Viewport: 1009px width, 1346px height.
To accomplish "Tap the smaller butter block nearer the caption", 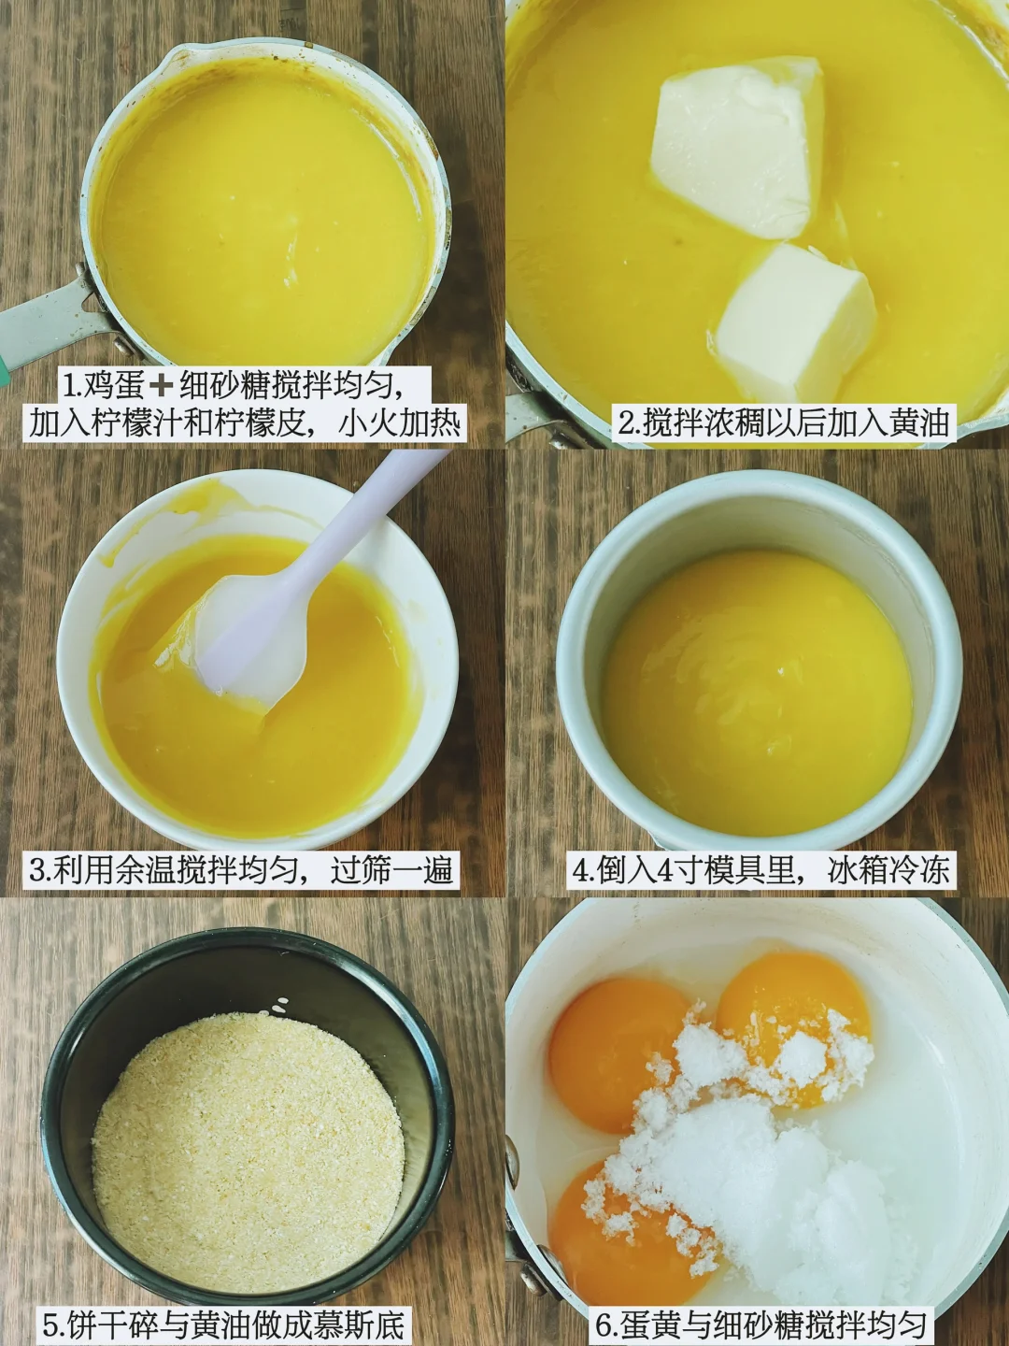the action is pyautogui.click(x=795, y=323).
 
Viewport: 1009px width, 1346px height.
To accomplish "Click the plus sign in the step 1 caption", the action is pyautogui.click(x=162, y=384).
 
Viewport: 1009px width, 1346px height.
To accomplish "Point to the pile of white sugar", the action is pyautogui.click(x=754, y=1165).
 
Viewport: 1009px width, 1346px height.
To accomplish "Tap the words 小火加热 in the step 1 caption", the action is pyautogui.click(x=398, y=422).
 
